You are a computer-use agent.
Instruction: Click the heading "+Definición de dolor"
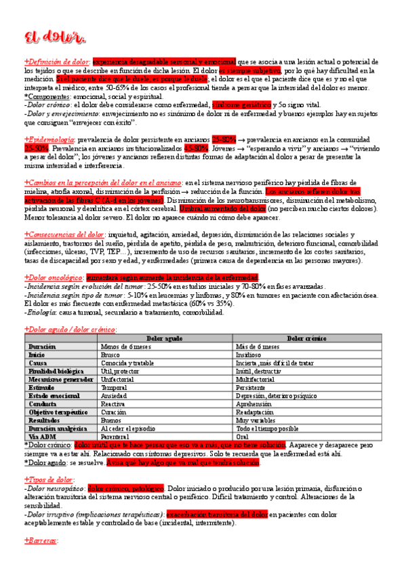pyautogui.click(x=57, y=61)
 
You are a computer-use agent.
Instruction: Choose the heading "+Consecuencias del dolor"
pyautogui.click(x=62, y=235)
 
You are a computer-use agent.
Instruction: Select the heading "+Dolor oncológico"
pyautogui.click(x=54, y=277)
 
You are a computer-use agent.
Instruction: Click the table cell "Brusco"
pyautogui.click(x=110, y=354)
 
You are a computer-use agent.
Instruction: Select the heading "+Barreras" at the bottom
pyautogui.click(x=41, y=540)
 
